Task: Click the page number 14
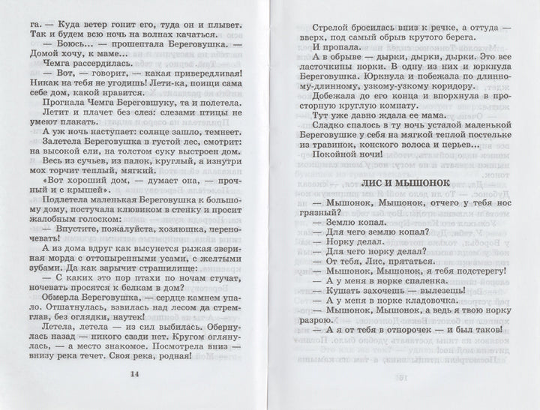click(x=135, y=375)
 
